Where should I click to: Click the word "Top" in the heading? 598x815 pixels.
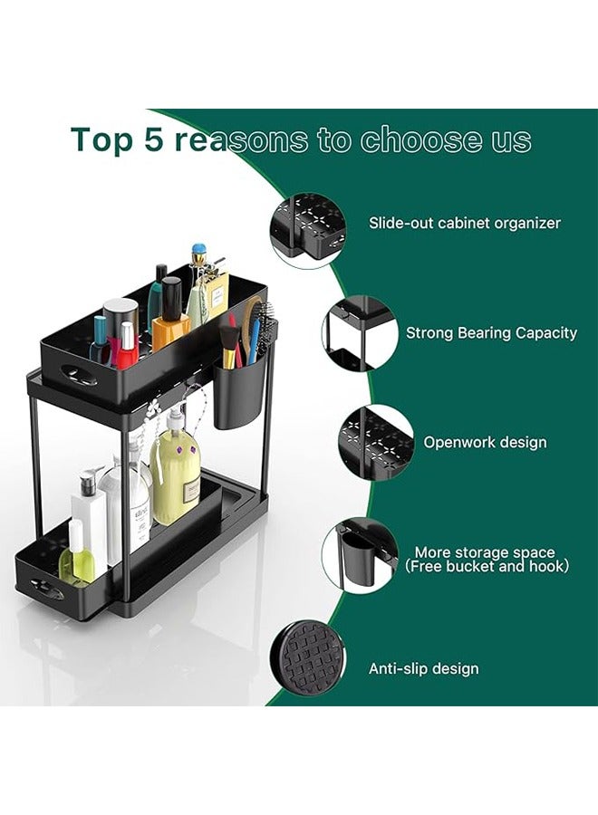pos(101,140)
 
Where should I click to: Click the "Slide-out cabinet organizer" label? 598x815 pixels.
pos(464,223)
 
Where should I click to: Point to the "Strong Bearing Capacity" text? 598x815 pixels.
pos(491,333)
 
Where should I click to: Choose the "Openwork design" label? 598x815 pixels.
pos(485,443)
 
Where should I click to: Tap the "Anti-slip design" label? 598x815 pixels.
pos(423,669)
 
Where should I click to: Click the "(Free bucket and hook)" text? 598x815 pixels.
pos(487,567)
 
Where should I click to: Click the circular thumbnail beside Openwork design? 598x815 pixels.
pos(375,443)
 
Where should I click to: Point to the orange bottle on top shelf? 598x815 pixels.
pos(170,326)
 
